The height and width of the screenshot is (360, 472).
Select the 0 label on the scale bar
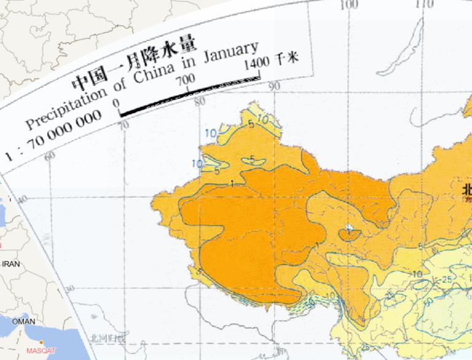pos(117,103)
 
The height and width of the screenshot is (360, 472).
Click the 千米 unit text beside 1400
pos(286,58)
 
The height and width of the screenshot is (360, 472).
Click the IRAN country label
pos(11,264)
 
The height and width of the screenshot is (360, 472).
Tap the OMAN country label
pos(23,321)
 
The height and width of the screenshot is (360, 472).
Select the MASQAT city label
pos(41,351)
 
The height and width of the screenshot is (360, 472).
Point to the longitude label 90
pos(274,87)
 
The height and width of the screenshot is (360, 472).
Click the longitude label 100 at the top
pos(348,5)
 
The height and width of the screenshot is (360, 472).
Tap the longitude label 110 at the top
pos(424,5)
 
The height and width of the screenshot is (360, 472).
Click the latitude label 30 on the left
pos(69,289)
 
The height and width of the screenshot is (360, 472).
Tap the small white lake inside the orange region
pos(349,229)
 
